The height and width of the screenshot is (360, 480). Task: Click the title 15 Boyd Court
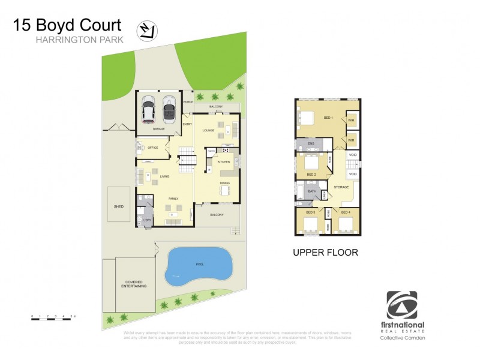tap(67, 25)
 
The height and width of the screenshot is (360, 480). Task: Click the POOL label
tap(199, 264)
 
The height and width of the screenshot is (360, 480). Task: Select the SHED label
tap(118, 206)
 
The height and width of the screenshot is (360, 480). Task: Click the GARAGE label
tap(158, 129)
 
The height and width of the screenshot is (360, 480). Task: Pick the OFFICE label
tap(152, 147)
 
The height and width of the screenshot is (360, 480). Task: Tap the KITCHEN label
tap(223, 162)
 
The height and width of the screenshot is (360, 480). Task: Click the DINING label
tap(224, 184)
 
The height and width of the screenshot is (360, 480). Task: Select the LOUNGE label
tap(209, 130)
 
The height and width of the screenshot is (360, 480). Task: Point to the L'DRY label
tap(148, 221)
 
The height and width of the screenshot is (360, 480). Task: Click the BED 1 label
tap(328, 117)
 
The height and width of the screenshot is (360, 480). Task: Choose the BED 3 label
tap(310, 212)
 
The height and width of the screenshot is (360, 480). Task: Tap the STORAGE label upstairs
tap(341, 187)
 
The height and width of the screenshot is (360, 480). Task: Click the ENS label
tap(311, 144)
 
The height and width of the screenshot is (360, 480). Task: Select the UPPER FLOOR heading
tap(325, 253)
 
